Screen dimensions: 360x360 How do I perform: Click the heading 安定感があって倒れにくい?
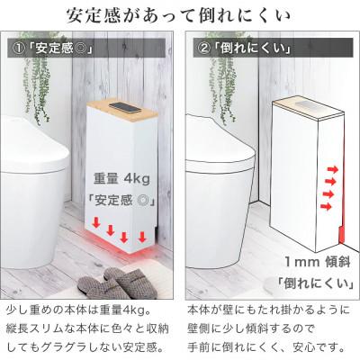(180, 16)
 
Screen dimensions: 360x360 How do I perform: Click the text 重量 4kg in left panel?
(122, 179)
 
